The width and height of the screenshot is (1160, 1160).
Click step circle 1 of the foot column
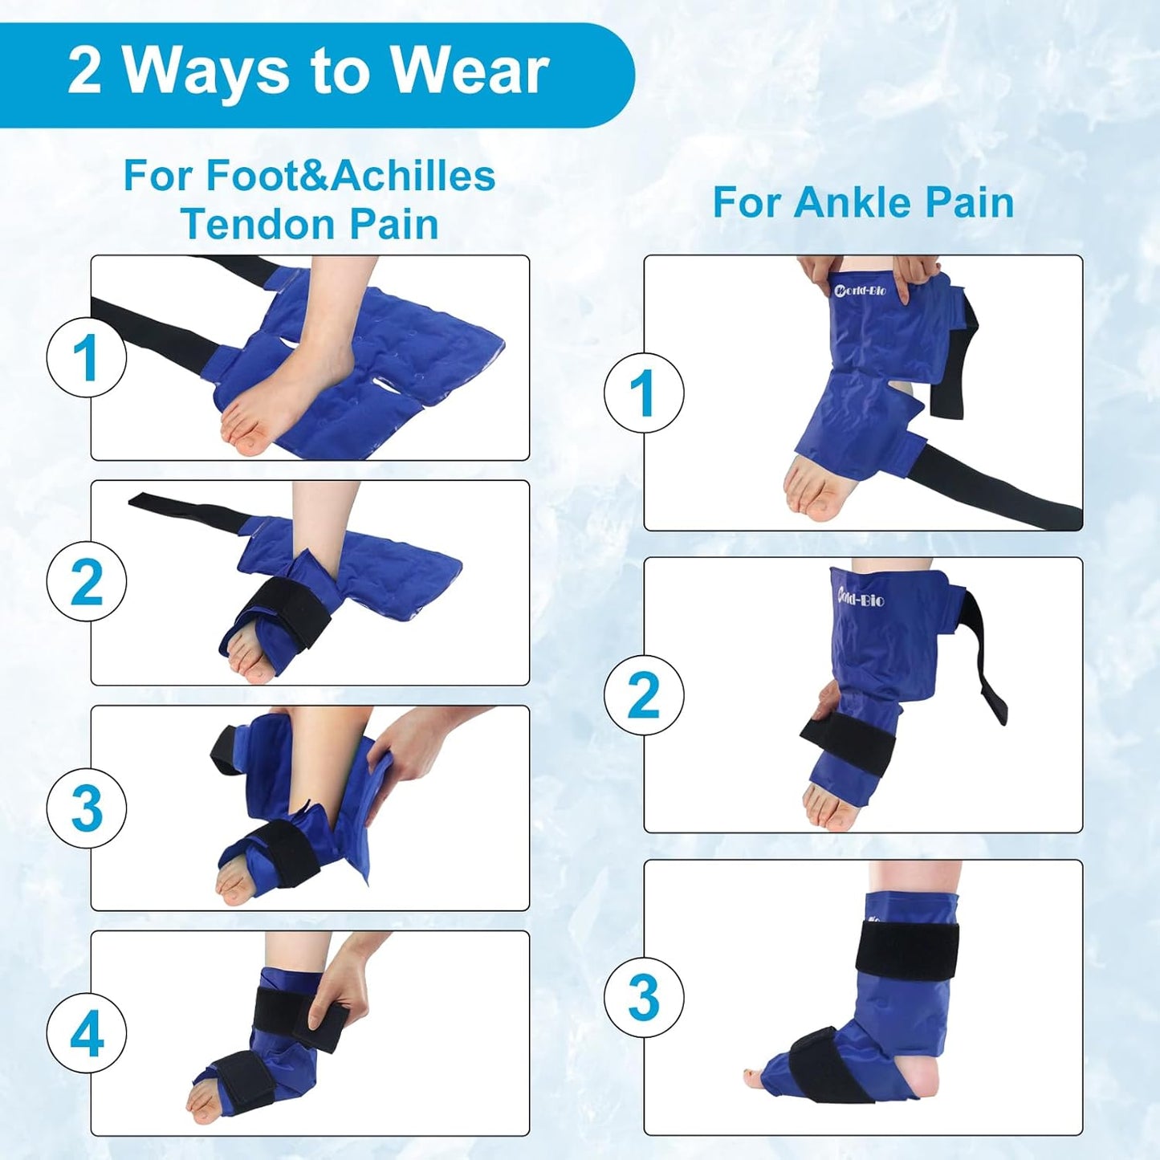pos(87,358)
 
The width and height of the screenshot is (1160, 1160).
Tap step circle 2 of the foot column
pos(87,582)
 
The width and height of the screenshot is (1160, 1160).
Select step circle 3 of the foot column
pos(87,808)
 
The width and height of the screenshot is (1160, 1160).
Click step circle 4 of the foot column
pos(87,1032)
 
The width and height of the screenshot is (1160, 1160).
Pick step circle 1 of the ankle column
pos(644,393)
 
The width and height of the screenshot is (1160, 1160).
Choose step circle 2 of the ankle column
pos(644,694)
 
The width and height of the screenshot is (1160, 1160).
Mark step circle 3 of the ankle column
pos(644,997)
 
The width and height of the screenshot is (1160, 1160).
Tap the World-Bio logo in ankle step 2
pos(861,598)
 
